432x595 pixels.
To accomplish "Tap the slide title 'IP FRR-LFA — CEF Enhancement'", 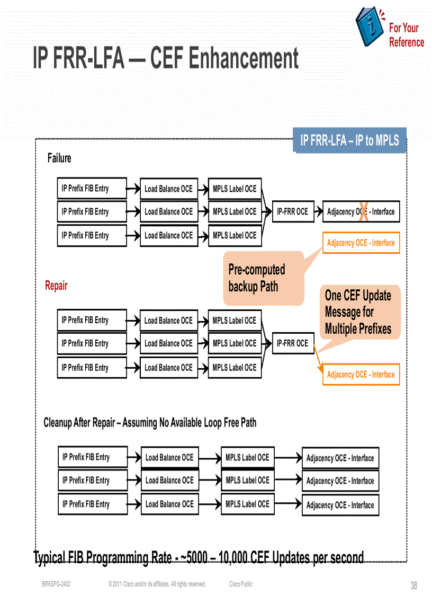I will [166, 58].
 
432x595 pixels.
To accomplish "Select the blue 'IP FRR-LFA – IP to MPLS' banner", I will [349, 140].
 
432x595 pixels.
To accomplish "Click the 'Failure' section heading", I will [59, 158].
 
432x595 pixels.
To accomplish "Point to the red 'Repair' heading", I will [56, 286].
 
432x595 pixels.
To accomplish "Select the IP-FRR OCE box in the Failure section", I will [292, 211].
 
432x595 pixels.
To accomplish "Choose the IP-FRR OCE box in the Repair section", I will [292, 343].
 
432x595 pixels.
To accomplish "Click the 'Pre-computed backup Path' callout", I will [263, 278].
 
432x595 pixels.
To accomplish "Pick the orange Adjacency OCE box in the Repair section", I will [361, 375].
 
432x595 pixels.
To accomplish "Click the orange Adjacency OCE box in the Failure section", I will [361, 243].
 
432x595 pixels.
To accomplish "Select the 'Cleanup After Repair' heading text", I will [150, 423].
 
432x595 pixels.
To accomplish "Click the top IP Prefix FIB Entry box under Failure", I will [92, 188].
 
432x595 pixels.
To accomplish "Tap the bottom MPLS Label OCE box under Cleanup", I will [247, 504].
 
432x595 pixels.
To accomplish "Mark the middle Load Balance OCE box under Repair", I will [169, 343].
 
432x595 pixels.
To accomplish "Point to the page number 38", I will [414, 585].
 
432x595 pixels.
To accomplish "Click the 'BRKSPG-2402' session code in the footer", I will [56, 584].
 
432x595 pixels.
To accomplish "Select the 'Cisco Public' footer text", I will [241, 584].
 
